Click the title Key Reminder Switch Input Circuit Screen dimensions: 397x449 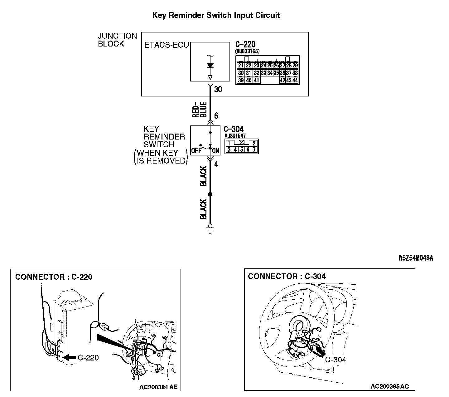click(216, 15)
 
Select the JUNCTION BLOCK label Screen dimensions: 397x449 click(117, 40)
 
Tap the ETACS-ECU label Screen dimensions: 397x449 click(167, 45)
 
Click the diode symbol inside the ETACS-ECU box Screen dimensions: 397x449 click(210, 66)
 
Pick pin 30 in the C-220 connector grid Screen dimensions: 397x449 click(240, 73)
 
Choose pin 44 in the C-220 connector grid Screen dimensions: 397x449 click(295, 80)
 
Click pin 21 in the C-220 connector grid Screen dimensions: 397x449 click(240, 66)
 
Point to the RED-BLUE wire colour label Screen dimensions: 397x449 click(199, 110)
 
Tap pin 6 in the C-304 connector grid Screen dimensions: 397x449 click(248, 150)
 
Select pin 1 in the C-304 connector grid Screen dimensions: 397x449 click(229, 144)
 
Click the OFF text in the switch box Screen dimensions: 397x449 click(196, 151)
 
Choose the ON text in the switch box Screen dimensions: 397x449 click(216, 151)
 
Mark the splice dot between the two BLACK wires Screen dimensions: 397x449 click(210, 194)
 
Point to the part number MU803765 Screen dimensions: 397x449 click(247, 51)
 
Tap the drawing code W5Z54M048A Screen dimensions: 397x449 click(416, 258)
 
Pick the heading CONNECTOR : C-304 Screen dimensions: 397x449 click(287, 276)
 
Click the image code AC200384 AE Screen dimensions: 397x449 click(158, 387)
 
